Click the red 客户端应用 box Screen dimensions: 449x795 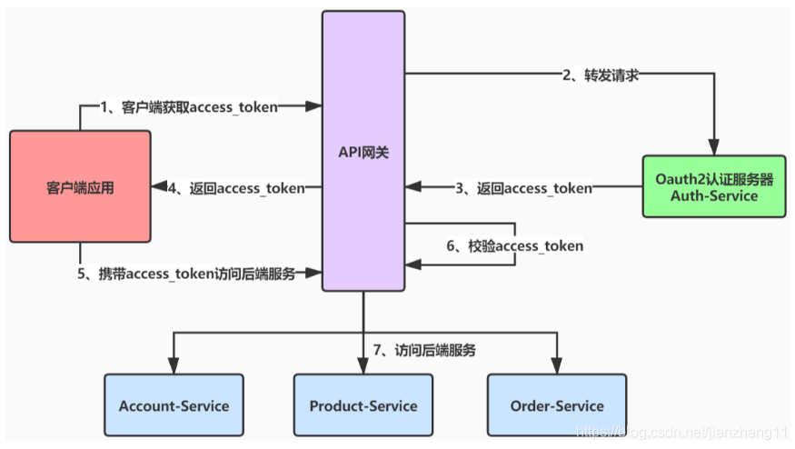pos(80,187)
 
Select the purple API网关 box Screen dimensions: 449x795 pos(363,150)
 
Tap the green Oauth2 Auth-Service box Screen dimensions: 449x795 pos(713,187)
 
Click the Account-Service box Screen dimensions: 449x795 pos(174,405)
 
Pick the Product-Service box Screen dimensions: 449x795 pos(363,405)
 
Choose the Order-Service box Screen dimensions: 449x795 pos(557,405)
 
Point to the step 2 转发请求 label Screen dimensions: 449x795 pos(600,75)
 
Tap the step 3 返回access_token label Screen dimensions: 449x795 pos(522,188)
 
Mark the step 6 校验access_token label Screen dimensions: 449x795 pos(513,245)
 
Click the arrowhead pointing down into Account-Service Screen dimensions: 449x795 pos(174,366)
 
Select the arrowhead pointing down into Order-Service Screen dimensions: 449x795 pos(557,366)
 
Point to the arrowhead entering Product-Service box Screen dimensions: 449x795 pos(363,366)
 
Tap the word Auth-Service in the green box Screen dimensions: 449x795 pos(713,195)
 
